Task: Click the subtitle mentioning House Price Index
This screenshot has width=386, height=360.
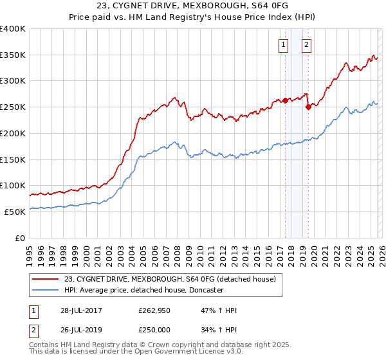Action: pyautogui.click(x=192, y=18)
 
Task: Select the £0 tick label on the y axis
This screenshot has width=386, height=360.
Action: pyautogui.click(x=20, y=238)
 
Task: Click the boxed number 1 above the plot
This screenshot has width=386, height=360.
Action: pyautogui.click(x=283, y=44)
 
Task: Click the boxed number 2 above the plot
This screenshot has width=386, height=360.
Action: pyautogui.click(x=306, y=44)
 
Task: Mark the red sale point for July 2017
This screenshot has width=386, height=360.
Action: pyautogui.click(x=285, y=100)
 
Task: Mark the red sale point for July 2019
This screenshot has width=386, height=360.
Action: pyautogui.click(x=308, y=107)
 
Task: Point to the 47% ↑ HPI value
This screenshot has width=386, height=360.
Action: pyautogui.click(x=219, y=310)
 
